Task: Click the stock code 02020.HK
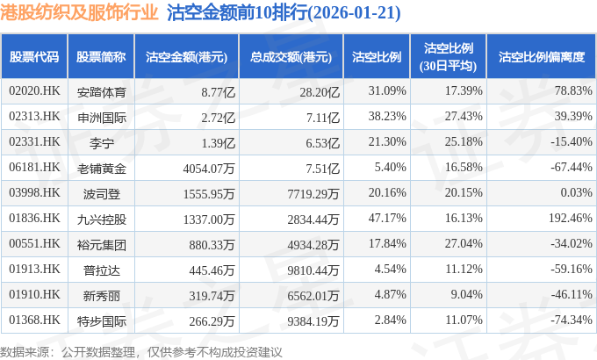pos(34,90)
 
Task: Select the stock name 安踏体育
pos(101,90)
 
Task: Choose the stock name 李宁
pos(101,141)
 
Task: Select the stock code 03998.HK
pos(34,192)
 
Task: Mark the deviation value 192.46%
pos(567,218)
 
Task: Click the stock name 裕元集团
pos(101,243)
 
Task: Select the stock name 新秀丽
pos(101,294)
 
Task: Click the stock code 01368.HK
pos(34,320)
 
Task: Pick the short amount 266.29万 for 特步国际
pos(209,320)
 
